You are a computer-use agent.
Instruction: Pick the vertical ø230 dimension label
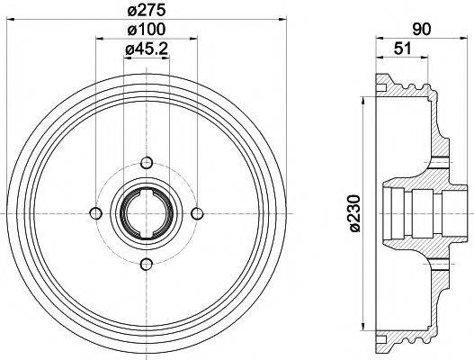(354, 212)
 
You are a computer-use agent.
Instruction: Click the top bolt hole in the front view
(146, 162)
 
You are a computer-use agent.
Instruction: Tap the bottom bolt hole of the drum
(146, 263)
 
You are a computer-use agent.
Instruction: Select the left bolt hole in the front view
(95, 212)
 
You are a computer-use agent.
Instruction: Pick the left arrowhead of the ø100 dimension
(98, 41)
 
